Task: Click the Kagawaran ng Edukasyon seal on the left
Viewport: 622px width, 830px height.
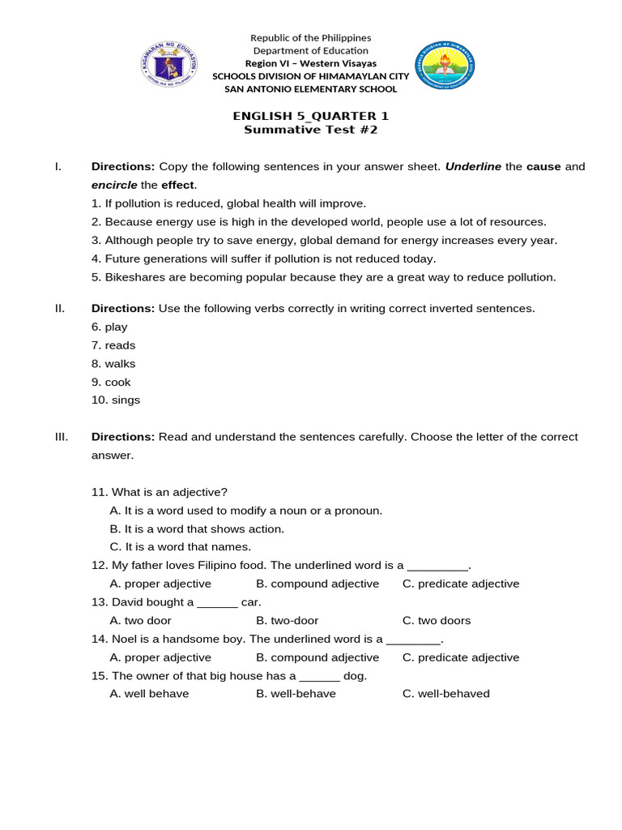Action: point(169,65)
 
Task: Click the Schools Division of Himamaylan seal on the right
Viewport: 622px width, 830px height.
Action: point(445,66)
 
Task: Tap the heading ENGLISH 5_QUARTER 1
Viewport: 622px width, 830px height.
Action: point(311,116)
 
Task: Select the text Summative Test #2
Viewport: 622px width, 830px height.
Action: point(311,130)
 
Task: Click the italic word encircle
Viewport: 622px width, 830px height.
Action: point(114,185)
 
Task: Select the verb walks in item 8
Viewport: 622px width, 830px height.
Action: point(120,364)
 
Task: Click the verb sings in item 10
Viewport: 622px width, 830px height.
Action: point(126,400)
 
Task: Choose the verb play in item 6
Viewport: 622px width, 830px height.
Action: point(116,327)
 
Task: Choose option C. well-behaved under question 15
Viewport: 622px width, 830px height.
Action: point(445,694)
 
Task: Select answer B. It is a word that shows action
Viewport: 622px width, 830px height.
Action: point(197,528)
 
